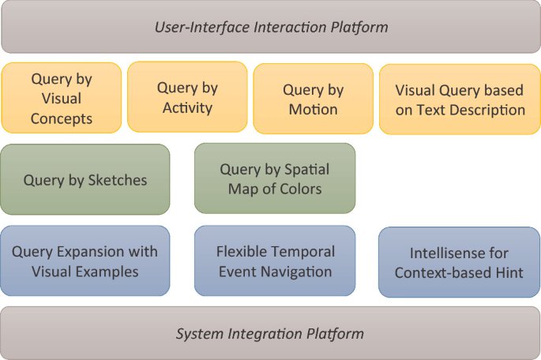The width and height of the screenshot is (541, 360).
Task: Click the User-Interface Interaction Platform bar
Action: (x=270, y=28)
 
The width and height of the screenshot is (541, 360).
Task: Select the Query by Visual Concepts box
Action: (x=62, y=99)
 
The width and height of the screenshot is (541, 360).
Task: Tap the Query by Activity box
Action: (x=188, y=97)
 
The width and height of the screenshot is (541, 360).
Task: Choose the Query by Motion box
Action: (x=313, y=99)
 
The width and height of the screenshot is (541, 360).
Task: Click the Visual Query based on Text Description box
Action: (x=460, y=99)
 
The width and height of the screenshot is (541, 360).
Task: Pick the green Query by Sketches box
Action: (x=85, y=179)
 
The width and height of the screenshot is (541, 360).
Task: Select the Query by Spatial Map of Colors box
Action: (x=275, y=178)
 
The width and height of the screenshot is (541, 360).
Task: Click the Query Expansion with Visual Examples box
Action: (x=85, y=261)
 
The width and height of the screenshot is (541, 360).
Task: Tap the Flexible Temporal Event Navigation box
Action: (x=275, y=261)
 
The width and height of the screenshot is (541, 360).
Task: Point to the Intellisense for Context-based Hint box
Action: (x=459, y=263)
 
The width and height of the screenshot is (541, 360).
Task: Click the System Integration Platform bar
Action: (x=270, y=333)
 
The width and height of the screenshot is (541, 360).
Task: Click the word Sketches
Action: (x=118, y=180)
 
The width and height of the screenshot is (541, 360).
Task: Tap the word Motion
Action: (x=314, y=109)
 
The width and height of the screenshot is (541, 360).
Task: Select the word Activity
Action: (x=188, y=107)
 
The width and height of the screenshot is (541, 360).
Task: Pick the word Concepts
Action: (x=62, y=119)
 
